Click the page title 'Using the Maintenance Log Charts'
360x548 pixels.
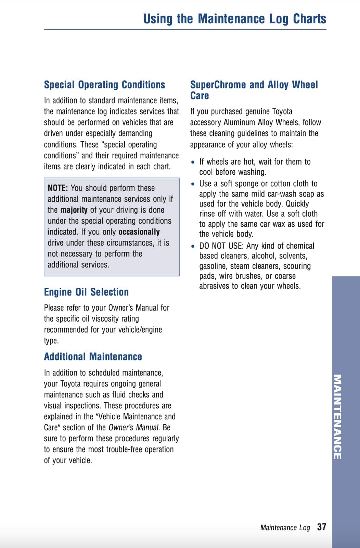pos(235,18)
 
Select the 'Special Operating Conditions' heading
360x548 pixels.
pos(104,84)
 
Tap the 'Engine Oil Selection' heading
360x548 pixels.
pos(86,292)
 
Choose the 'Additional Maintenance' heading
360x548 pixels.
pos(93,356)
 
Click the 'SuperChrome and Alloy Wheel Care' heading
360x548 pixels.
pos(254,90)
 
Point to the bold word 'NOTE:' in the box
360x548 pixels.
pos(58,188)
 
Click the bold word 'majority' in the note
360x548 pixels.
pos(74,210)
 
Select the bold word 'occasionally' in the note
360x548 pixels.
pos(139,232)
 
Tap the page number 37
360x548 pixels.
pos(321,527)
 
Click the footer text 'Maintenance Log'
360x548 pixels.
pos(285,527)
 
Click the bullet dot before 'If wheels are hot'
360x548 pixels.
pos(193,162)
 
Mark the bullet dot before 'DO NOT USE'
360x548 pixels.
pos(193,246)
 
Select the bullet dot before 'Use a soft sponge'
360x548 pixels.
pos(193,184)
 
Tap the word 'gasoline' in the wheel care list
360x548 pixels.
pos(213,266)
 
